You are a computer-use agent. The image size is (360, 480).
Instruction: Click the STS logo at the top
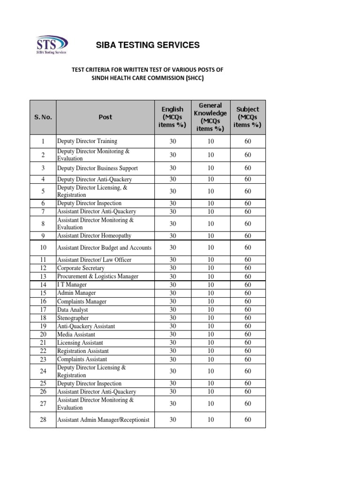[52, 45]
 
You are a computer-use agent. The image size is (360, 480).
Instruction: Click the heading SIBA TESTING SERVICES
[148, 45]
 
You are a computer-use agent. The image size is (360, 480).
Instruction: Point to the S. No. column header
[43, 117]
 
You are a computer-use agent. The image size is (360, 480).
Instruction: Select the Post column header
[105, 117]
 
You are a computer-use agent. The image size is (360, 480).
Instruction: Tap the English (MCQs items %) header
[172, 117]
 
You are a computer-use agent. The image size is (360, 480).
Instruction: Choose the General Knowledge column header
[210, 117]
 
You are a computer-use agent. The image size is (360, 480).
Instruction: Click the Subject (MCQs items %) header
[248, 117]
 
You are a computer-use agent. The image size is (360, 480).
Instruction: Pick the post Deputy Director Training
[87, 141]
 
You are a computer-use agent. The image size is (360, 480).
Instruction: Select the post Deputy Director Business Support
[97, 168]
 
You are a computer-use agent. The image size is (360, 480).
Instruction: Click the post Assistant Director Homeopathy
[94, 236]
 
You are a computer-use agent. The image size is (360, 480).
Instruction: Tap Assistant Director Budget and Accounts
[105, 247]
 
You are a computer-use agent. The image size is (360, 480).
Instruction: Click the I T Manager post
[72, 285]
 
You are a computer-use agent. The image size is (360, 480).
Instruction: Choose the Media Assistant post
[76, 334]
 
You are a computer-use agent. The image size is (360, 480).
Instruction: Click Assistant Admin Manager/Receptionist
[103, 420]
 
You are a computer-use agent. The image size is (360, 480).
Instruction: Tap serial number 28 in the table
[43, 420]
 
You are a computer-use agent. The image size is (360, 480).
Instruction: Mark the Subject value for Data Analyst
[248, 309]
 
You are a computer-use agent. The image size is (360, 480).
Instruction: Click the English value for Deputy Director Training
[172, 141]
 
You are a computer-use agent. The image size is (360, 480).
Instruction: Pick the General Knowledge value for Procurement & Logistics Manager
[210, 277]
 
